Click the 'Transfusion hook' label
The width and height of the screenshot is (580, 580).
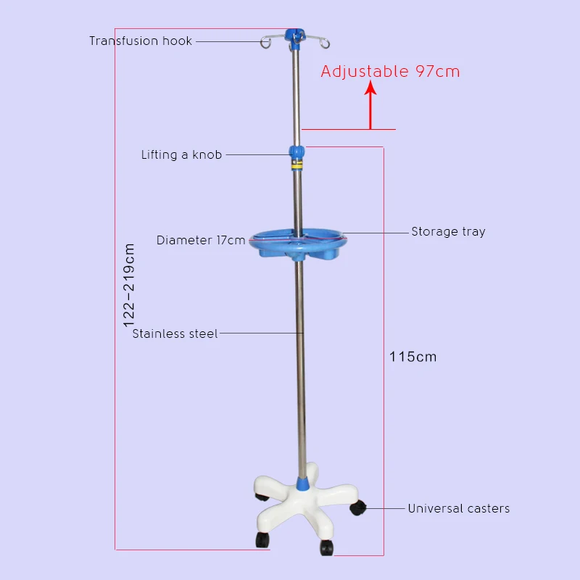(141, 41)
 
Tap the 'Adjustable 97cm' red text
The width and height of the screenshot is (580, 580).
(390, 71)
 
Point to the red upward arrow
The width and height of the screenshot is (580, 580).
(370, 106)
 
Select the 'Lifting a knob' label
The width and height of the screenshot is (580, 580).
(181, 154)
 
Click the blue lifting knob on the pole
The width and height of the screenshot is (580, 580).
(296, 153)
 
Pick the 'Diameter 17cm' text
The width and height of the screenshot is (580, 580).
(201, 240)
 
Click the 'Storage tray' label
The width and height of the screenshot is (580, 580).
(448, 232)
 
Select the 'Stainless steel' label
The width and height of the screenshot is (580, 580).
(175, 334)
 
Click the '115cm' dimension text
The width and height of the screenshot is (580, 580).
(413, 357)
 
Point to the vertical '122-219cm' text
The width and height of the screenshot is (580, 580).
(130, 288)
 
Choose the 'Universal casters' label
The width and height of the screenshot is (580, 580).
(458, 508)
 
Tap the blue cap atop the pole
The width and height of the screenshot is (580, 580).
(294, 34)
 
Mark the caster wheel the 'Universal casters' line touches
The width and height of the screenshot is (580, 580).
(357, 509)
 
